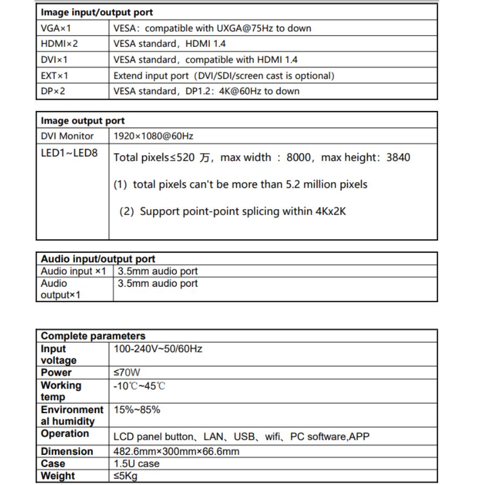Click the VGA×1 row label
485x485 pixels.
tap(56, 28)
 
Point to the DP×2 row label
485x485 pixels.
tap(53, 91)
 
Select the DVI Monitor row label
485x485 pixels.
tap(67, 136)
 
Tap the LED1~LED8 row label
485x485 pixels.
tap(70, 153)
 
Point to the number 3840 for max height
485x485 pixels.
tap(398, 158)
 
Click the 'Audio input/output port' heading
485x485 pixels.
tap(98, 259)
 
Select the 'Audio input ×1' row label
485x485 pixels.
tap(74, 271)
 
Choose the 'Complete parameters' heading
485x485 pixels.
tap(93, 336)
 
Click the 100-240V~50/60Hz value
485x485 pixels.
tap(158, 349)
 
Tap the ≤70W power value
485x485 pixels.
tap(127, 372)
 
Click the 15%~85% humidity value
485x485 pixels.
tap(137, 410)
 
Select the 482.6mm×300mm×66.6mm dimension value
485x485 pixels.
tap(177, 451)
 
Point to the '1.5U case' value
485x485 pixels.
tap(137, 463)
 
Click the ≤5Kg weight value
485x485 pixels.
tap(126, 476)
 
